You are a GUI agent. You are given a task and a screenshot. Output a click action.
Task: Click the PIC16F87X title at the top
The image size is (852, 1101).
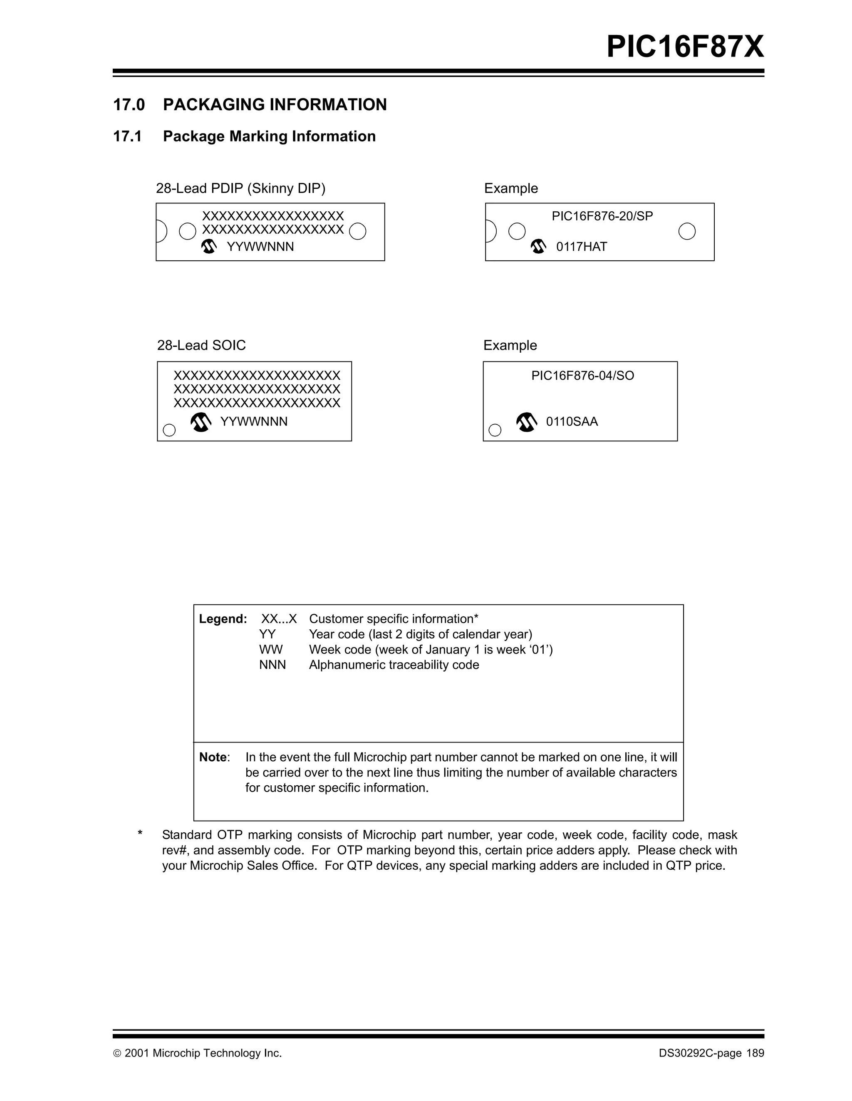[685, 47]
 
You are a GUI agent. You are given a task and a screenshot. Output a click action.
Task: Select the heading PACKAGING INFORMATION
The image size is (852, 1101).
[275, 104]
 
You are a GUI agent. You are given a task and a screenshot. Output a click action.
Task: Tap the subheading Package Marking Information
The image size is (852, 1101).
[269, 136]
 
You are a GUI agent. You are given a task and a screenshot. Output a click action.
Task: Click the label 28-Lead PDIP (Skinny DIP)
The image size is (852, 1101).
[240, 188]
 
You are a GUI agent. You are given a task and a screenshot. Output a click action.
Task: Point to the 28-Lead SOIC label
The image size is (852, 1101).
[201, 345]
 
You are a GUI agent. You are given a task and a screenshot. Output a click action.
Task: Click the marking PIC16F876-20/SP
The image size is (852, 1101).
[602, 216]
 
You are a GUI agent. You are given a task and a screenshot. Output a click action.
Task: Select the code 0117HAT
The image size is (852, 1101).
[581, 247]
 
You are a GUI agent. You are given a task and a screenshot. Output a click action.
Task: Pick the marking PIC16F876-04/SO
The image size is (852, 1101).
[582, 376]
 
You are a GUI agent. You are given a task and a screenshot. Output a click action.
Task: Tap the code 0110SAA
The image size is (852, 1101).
[572, 421]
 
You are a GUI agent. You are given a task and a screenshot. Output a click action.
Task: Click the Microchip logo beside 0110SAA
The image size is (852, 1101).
[527, 422]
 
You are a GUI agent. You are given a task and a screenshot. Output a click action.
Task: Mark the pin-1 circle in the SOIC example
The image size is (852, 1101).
[495, 430]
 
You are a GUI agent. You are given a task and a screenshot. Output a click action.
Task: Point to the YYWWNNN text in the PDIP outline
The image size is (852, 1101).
[260, 247]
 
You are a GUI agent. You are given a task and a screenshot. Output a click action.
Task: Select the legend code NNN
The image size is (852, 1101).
[272, 665]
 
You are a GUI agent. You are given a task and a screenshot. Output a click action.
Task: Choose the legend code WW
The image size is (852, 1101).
[271, 649]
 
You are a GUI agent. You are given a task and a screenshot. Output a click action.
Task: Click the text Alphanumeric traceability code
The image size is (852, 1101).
[394, 665]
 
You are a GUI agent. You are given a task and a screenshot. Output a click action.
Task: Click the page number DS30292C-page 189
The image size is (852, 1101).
[711, 1053]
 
